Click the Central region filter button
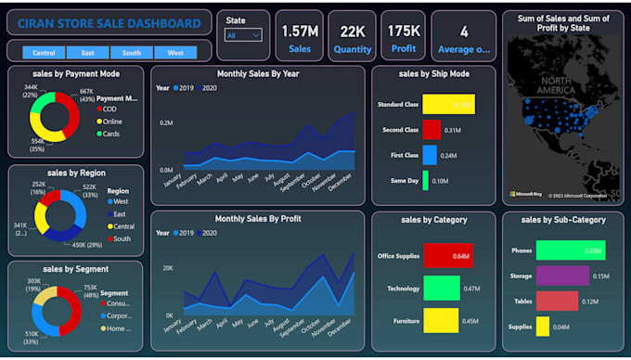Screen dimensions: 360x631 pos(44,53)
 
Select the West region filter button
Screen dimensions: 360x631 pos(174,53)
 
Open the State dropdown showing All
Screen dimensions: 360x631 pos(244,35)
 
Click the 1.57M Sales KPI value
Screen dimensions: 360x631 pos(300,31)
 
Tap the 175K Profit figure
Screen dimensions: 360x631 pos(404,31)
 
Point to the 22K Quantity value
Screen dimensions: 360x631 pos(352,31)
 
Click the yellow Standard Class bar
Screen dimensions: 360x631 pos(448,104)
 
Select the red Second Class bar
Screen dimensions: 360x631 pos(431,130)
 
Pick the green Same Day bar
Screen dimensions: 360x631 pos(426,180)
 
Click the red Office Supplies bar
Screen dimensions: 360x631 pos(446,255)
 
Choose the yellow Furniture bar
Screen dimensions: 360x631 pos(440,321)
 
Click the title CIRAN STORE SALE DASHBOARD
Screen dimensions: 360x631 pos(109,23)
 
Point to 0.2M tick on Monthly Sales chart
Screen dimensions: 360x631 pos(166,122)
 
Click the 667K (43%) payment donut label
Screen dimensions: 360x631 pos(85,95)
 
